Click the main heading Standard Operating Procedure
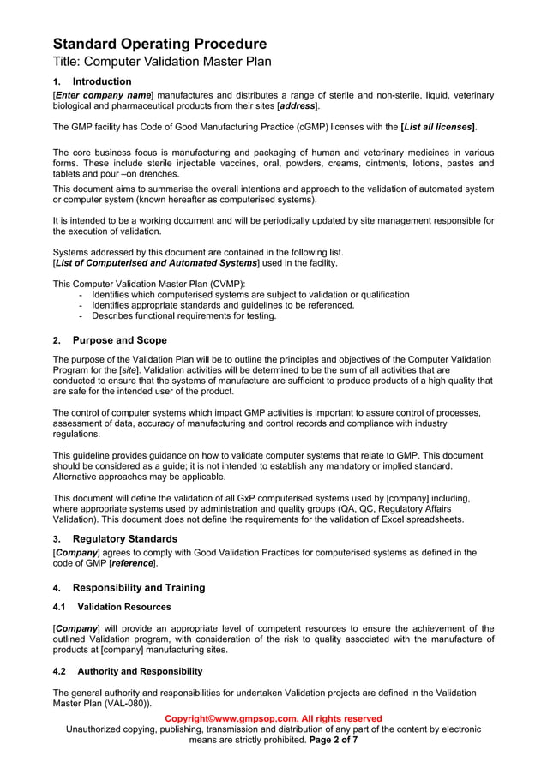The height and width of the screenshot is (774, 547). coord(159,44)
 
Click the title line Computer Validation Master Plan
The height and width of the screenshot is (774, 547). coord(162,62)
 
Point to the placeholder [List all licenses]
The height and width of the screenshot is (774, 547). coord(438,127)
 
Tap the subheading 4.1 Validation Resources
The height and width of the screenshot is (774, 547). coord(111,607)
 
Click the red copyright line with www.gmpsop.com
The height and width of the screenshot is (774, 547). coord(273,718)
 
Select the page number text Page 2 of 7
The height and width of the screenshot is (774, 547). coord(333,739)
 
